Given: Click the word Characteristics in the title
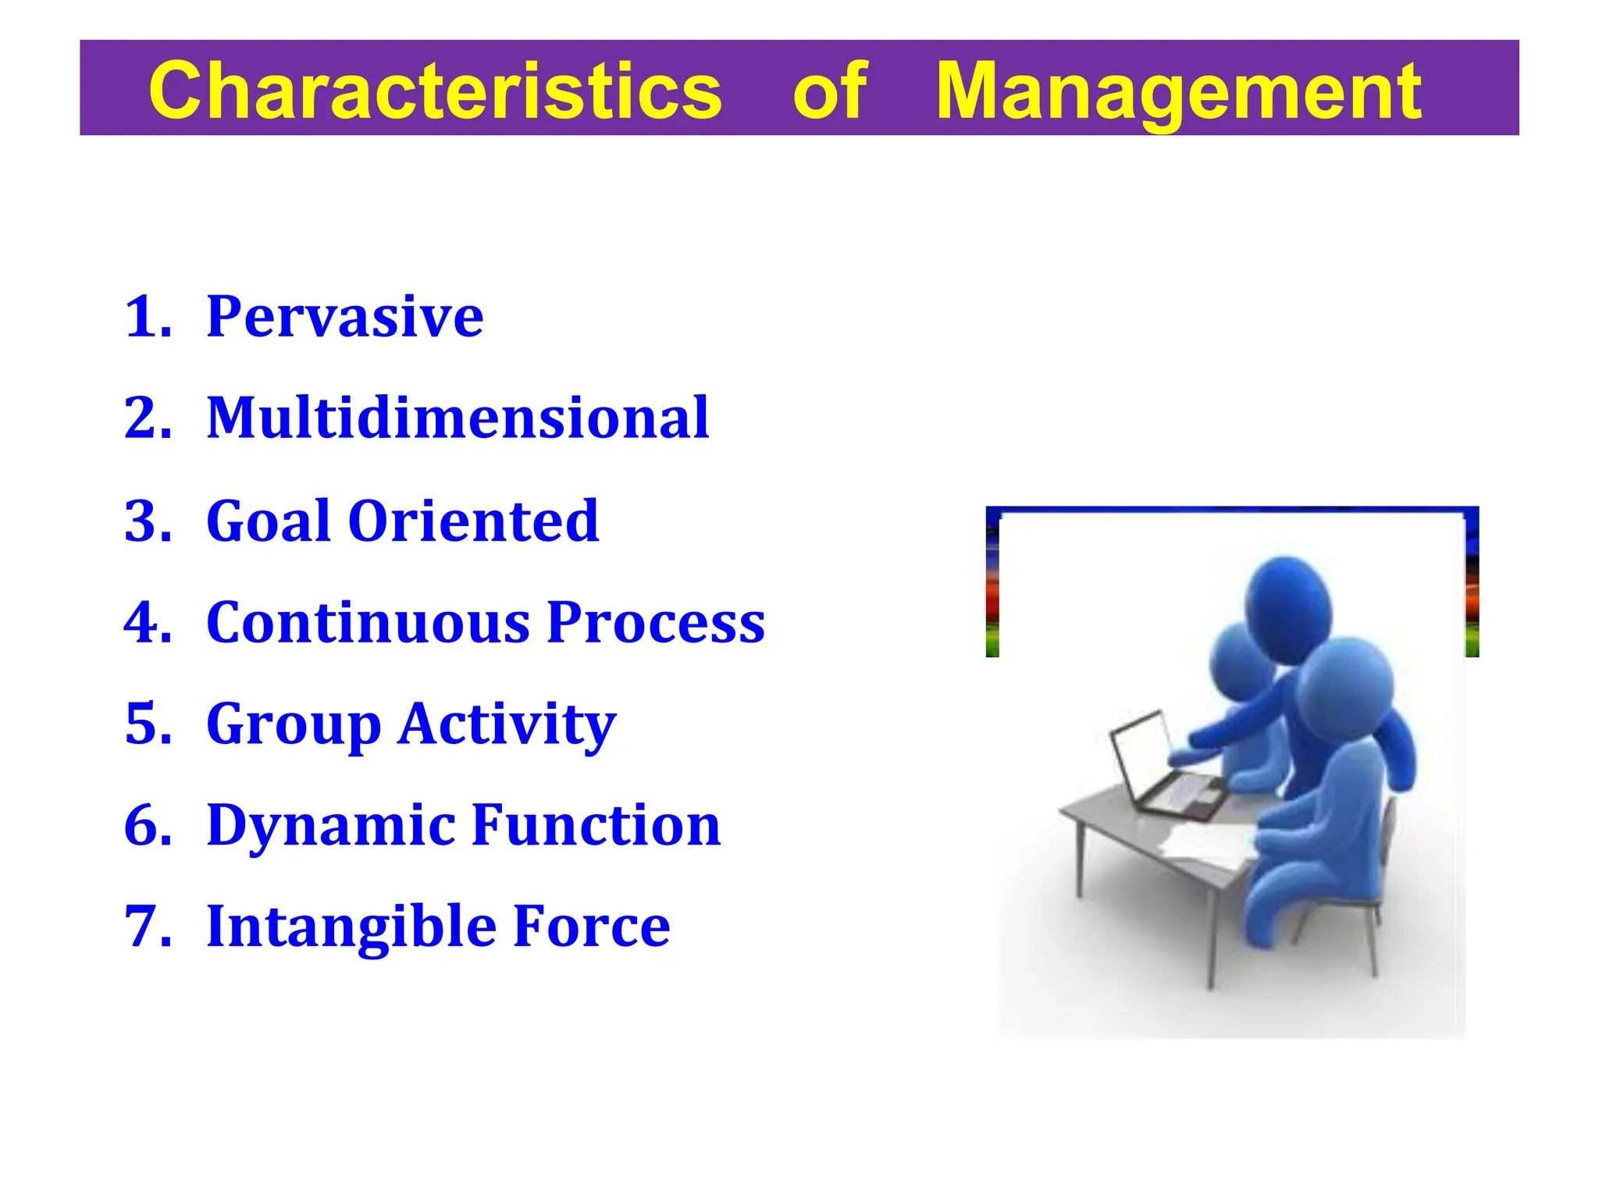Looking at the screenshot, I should coord(435,91).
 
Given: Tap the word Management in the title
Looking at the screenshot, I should coord(1178,91).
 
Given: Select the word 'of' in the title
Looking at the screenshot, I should coord(829,91).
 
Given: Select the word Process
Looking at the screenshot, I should coord(656,622).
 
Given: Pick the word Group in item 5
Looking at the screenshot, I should coord(294,724).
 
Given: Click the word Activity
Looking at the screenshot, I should coord(507,724).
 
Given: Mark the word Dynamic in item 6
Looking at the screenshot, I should coord(331,825).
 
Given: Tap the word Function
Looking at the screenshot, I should coord(597,825).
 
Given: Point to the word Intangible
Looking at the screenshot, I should coord(351,927).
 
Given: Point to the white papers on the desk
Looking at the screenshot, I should coord(1206,847).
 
